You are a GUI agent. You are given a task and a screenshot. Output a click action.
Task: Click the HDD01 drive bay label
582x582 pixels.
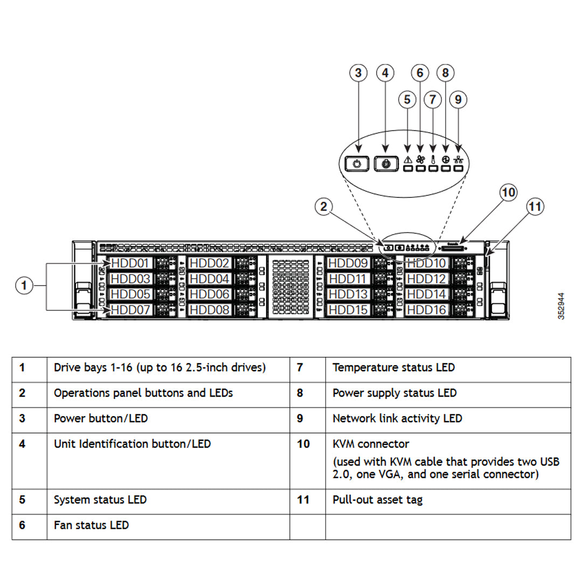pyautogui.click(x=129, y=264)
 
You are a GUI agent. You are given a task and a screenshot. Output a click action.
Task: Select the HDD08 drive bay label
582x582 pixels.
pyautogui.click(x=210, y=310)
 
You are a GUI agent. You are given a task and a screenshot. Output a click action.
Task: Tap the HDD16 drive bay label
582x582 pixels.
pyautogui.click(x=426, y=310)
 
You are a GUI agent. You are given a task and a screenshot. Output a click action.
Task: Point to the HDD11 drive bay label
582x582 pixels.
pyautogui.click(x=348, y=279)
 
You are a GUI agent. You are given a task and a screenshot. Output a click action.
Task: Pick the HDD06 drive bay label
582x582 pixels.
pyautogui.click(x=210, y=294)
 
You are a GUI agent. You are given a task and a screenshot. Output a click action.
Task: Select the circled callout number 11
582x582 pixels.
pyautogui.click(x=535, y=206)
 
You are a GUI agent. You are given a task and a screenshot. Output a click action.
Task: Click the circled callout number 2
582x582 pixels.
pyautogui.click(x=323, y=207)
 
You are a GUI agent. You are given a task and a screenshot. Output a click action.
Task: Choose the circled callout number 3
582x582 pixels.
pyautogui.click(x=358, y=73)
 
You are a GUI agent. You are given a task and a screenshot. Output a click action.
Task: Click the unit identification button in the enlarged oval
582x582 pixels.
pyautogui.click(x=385, y=164)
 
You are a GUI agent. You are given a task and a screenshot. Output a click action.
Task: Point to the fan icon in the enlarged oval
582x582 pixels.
pyautogui.click(x=420, y=160)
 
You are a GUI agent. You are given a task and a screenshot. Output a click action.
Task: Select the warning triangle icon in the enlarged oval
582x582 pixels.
pyautogui.click(x=407, y=160)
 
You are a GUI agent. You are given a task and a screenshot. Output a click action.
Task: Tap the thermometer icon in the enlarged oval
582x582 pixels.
pyautogui.click(x=433, y=160)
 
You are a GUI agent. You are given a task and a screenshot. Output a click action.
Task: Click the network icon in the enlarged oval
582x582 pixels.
pyautogui.click(x=459, y=160)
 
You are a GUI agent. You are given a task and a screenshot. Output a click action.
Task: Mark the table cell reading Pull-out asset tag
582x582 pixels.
pyautogui.click(x=377, y=500)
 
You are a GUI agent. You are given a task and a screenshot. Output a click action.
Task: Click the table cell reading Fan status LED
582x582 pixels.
pyautogui.click(x=91, y=525)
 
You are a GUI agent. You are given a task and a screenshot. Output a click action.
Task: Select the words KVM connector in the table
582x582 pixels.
pyautogui.click(x=371, y=444)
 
